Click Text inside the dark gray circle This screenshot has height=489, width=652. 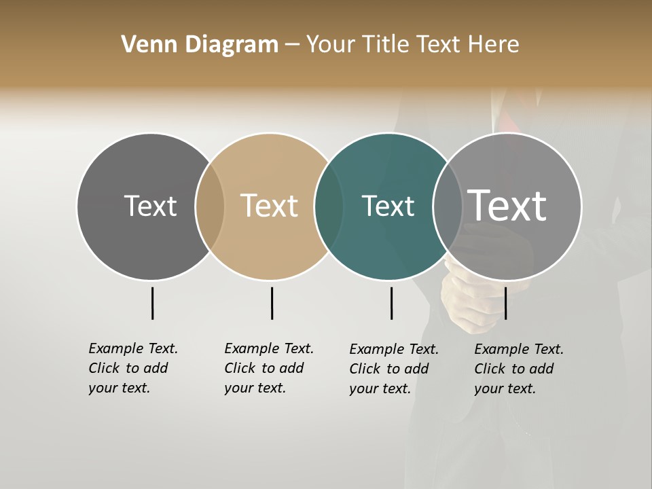150,206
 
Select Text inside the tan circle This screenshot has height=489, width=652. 269,206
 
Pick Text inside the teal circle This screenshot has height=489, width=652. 388,206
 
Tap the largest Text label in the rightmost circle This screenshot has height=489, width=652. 507,205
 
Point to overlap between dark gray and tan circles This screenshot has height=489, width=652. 210,206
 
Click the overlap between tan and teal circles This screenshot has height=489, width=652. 329,206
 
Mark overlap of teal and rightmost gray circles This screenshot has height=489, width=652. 448,206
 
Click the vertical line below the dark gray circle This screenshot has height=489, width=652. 152,303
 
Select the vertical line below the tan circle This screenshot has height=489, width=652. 272,303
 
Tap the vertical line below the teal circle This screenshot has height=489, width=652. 391,303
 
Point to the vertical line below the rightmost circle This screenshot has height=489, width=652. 505,303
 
